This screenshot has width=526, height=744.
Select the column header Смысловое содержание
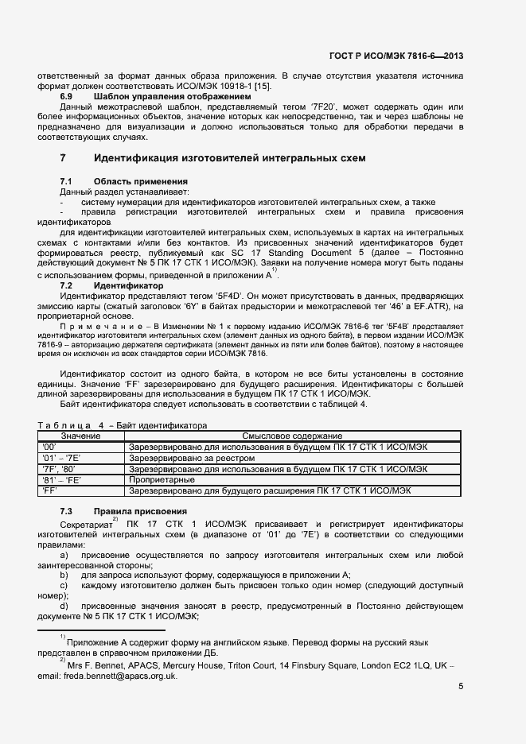click(x=292, y=436)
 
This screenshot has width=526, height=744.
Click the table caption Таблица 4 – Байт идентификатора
click(x=122, y=426)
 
